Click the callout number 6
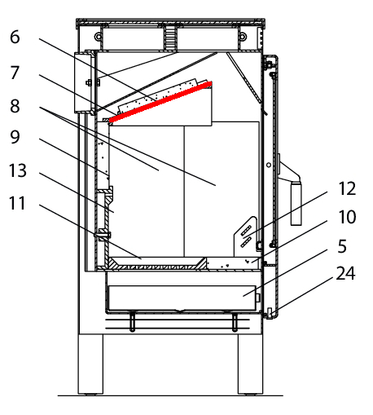tap(15, 37)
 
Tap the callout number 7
tap(15, 73)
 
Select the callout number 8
tap(15, 106)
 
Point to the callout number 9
tap(15, 137)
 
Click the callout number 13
tap(18, 170)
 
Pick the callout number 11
tap(17, 203)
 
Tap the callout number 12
tap(347, 188)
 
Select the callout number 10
tap(347, 217)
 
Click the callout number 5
tap(342, 246)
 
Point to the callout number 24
tap(345, 273)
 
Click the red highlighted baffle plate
tap(160, 102)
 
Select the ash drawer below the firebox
tap(182, 298)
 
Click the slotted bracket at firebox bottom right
tap(245, 236)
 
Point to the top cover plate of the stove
tap(170, 22)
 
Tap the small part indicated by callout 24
tap(270, 313)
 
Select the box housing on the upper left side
tap(84, 82)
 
